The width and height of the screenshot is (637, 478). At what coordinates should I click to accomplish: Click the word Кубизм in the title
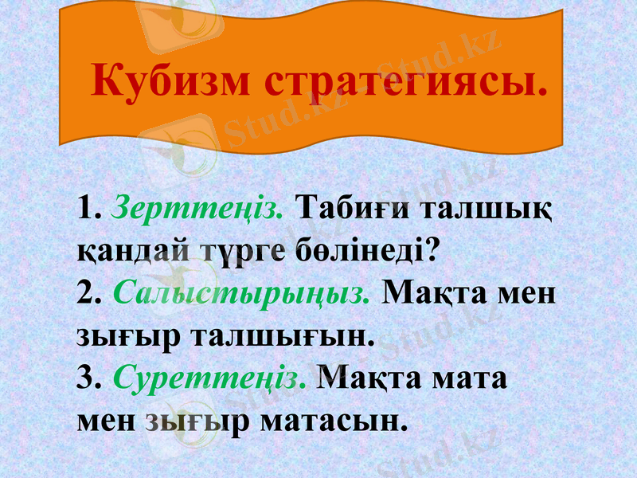click(x=170, y=82)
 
